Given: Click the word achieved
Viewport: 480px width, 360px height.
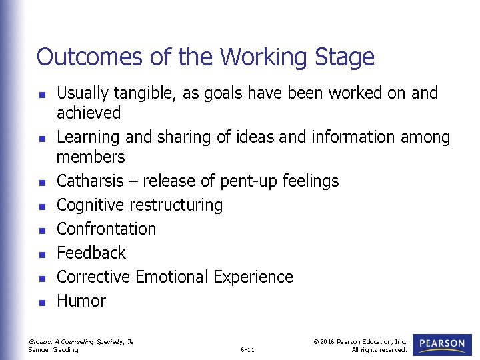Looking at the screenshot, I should [89, 113].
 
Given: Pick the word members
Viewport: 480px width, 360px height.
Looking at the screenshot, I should [91, 157].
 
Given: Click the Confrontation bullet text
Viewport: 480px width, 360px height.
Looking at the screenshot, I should [107, 229].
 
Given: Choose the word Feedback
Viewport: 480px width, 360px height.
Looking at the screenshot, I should [91, 253].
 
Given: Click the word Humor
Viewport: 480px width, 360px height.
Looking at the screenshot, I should [81, 301].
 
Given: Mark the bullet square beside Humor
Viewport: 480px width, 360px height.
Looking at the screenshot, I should [41, 302].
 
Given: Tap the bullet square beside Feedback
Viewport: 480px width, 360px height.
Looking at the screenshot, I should [41, 254].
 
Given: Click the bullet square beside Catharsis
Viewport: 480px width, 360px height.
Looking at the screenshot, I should [41, 182].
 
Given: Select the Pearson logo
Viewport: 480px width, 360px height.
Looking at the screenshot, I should [442, 345].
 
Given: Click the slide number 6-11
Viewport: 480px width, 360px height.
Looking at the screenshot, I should [247, 349].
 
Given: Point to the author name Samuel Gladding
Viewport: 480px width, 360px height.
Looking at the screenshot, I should [53, 349].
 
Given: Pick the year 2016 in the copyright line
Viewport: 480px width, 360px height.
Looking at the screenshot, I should [327, 341].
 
